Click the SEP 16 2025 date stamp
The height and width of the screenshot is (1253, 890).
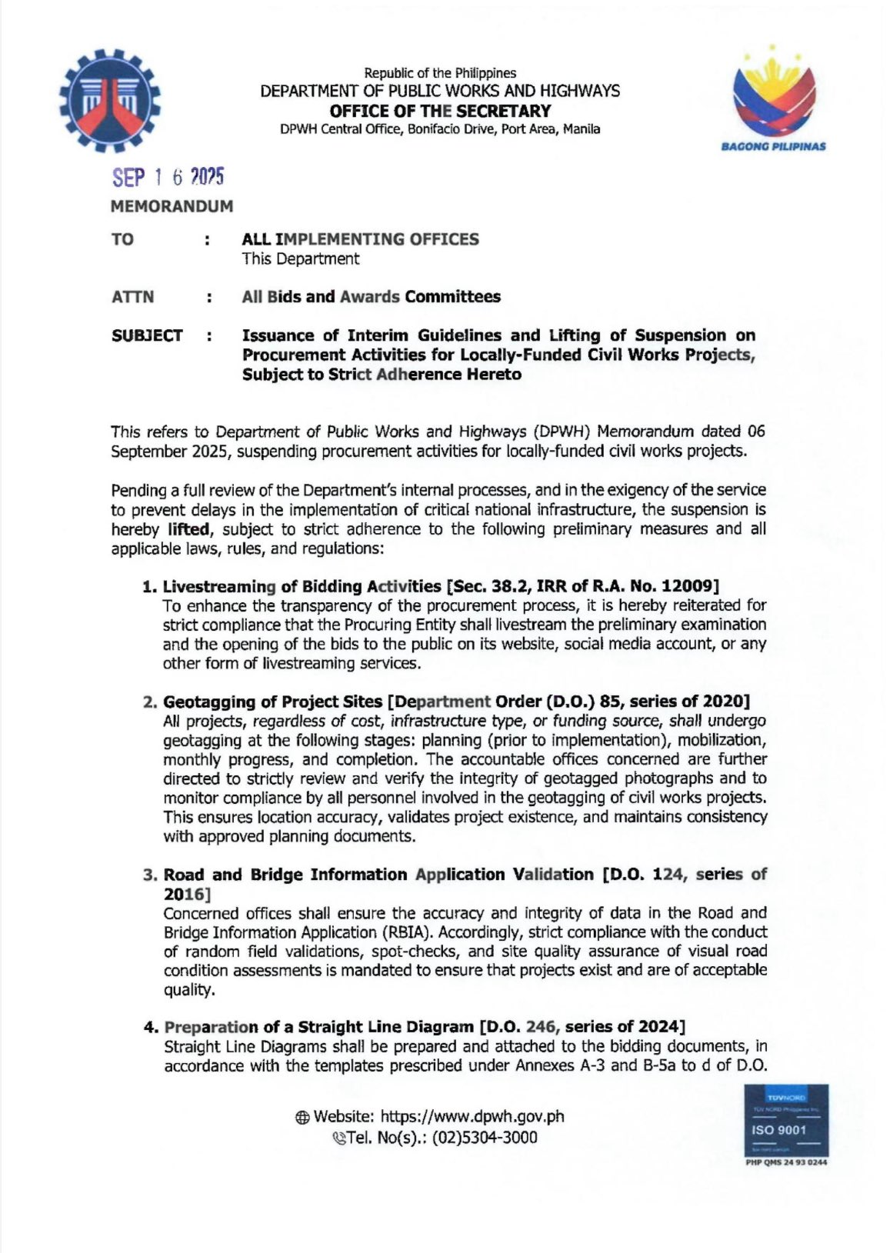click(168, 178)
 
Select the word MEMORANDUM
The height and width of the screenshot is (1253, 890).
click(172, 207)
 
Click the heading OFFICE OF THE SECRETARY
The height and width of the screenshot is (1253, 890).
click(440, 111)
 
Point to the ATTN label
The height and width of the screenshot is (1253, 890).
click(132, 297)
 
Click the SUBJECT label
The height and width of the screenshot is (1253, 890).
click(147, 336)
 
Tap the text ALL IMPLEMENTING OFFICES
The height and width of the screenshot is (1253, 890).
click(360, 239)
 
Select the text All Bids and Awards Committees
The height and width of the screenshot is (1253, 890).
click(371, 297)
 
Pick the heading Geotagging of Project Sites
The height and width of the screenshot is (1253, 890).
click(273, 701)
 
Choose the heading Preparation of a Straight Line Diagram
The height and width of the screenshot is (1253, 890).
click(319, 1027)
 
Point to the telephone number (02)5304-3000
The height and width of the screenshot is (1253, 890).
click(485, 1138)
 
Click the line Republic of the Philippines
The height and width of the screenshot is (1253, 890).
click(440, 73)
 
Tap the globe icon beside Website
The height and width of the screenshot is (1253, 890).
click(302, 1118)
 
